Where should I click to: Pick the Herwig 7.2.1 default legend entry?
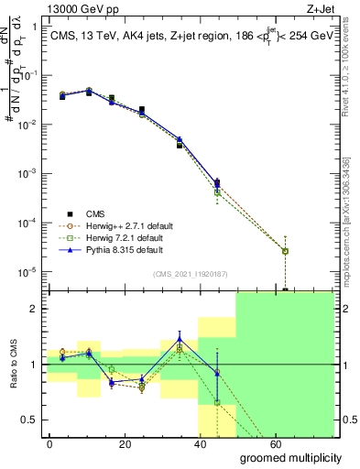107,237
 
